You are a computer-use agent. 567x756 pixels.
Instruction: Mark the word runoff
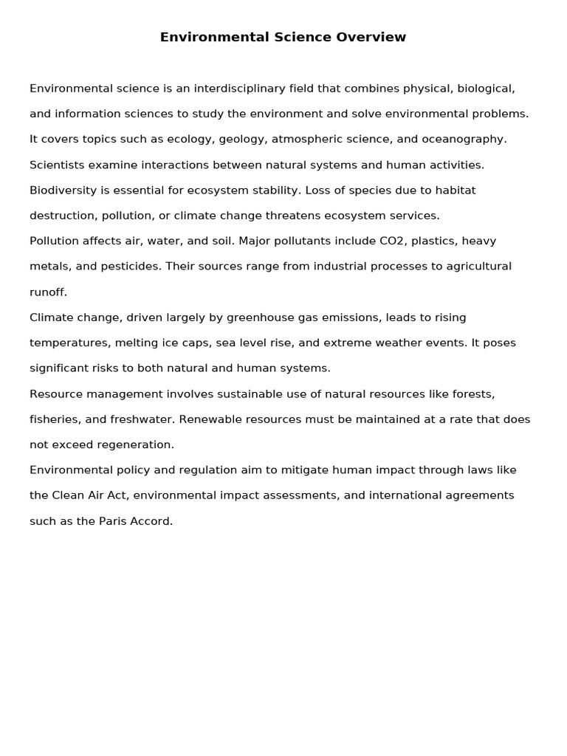click(x=47, y=292)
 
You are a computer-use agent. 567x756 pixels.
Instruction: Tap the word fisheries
click(x=55, y=419)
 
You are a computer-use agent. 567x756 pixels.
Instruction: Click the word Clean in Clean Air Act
click(x=69, y=495)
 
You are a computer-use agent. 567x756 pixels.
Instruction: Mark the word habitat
click(x=456, y=190)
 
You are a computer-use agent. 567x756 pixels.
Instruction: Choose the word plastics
click(x=430, y=241)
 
